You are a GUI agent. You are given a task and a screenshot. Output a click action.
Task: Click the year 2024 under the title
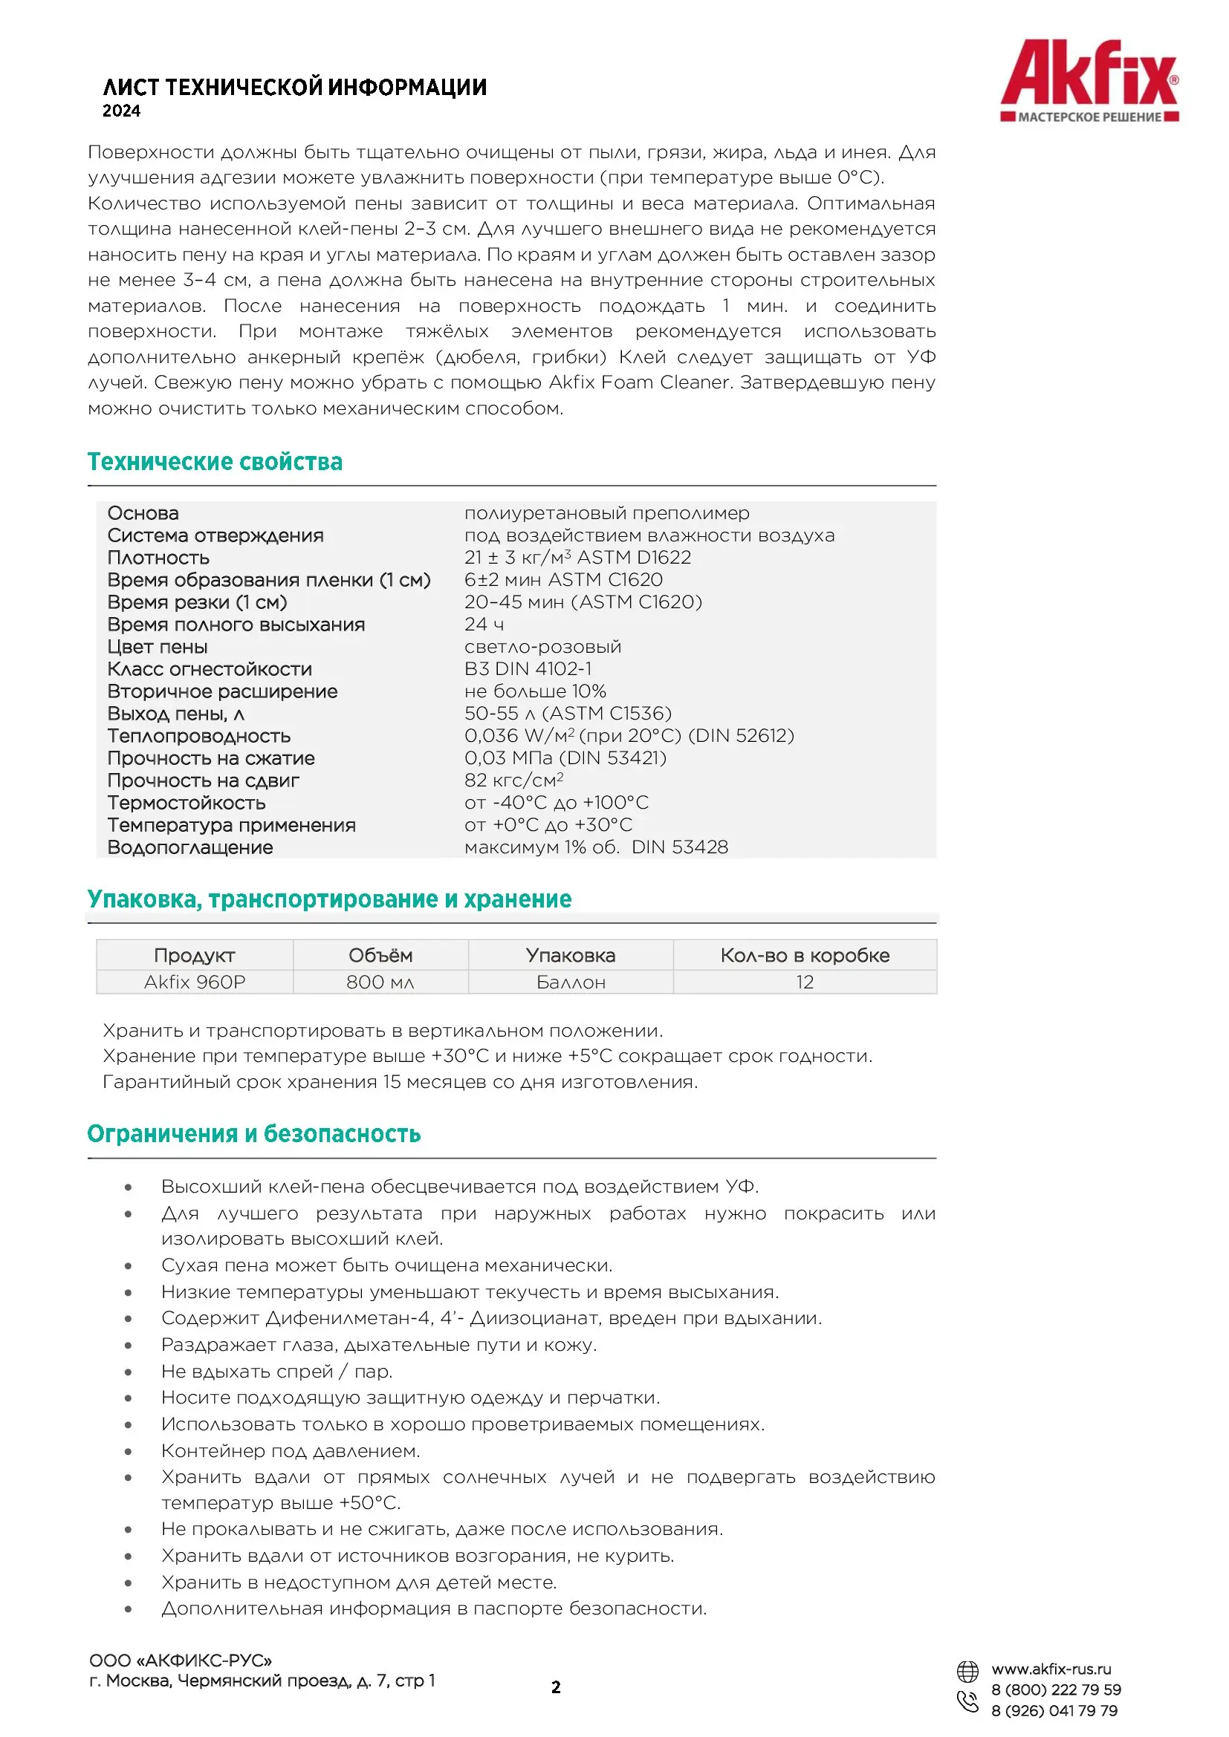(x=122, y=111)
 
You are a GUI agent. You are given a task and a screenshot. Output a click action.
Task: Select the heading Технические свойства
(x=215, y=461)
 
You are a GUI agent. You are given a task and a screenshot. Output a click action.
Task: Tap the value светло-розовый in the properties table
(x=542, y=647)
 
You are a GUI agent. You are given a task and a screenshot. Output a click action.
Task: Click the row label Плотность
(x=158, y=558)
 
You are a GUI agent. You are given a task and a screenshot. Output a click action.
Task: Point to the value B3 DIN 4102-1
(x=528, y=669)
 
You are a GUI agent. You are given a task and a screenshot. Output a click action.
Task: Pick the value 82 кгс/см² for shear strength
(x=514, y=780)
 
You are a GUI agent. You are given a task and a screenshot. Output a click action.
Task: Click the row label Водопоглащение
(x=190, y=847)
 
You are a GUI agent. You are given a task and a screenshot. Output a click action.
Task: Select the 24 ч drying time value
(x=484, y=624)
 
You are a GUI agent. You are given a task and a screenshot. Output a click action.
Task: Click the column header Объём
(x=380, y=956)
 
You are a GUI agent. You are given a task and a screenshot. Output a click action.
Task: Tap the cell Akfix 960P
(x=195, y=982)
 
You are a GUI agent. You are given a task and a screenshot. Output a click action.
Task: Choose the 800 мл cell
(x=380, y=982)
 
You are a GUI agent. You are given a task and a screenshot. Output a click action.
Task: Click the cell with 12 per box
(x=804, y=982)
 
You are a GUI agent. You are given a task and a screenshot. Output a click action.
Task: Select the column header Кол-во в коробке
(x=804, y=956)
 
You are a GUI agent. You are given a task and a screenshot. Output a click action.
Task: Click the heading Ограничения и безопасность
(x=253, y=1133)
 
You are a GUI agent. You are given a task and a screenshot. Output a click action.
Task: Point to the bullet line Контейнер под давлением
(x=291, y=1450)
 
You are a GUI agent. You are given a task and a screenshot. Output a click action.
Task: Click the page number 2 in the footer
(x=557, y=1687)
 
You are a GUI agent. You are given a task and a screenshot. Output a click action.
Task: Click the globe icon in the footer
(x=967, y=1670)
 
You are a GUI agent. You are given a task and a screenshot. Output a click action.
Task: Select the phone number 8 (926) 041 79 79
(x=1054, y=1710)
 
